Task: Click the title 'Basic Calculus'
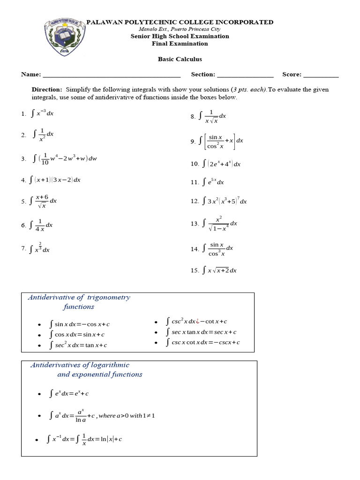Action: coord(180,59)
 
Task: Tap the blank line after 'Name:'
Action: coord(111,75)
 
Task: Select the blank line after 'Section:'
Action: coord(245,75)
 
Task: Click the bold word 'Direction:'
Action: coord(47,89)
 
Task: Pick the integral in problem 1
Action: coord(43,113)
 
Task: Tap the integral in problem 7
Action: coord(40,248)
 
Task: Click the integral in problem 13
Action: coord(220,224)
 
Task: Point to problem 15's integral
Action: coord(219,270)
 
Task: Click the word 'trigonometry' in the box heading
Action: coord(108,297)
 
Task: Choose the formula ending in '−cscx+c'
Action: coord(203,342)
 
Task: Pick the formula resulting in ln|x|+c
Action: coord(84,440)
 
